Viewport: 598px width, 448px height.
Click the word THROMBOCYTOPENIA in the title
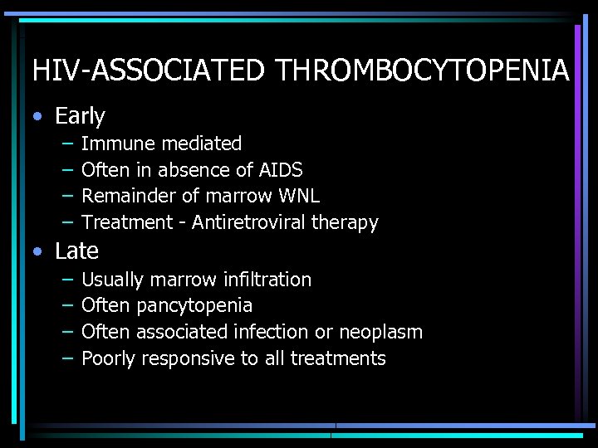coord(423,71)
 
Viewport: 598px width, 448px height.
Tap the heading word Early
coord(80,116)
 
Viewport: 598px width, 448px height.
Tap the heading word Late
coord(76,251)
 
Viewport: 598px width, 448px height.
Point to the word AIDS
coord(280,170)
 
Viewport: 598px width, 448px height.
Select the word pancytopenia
coord(194,306)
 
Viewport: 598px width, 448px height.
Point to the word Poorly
coord(109,358)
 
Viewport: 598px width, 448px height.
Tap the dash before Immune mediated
coord(66,144)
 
